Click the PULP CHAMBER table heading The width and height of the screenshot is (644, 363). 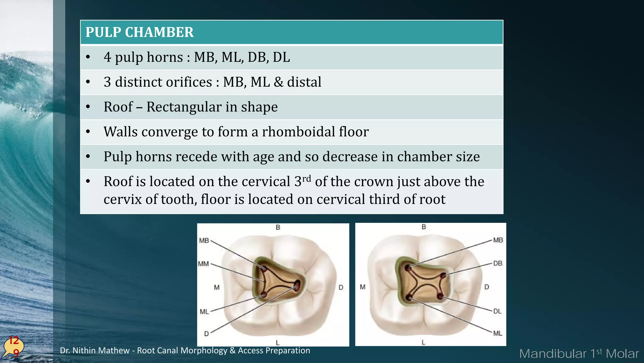click(x=139, y=32)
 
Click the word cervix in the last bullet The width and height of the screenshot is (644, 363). click(x=122, y=199)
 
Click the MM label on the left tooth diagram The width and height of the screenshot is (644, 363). click(x=203, y=264)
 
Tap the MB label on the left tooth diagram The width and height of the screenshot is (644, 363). click(x=204, y=241)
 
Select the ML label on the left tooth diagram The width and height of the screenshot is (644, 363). click(x=204, y=312)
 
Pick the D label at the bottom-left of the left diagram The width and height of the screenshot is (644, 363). click(x=206, y=333)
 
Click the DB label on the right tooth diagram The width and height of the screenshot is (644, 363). click(x=497, y=263)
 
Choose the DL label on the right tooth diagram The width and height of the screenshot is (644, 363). click(x=497, y=311)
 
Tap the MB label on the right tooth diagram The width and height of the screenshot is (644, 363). click(x=498, y=240)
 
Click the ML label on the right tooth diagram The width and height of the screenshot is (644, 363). click(x=497, y=333)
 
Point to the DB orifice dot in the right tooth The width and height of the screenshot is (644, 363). click(x=443, y=276)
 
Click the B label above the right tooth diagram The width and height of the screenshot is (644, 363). click(x=424, y=227)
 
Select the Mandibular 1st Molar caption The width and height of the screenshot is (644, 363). click(x=579, y=354)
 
